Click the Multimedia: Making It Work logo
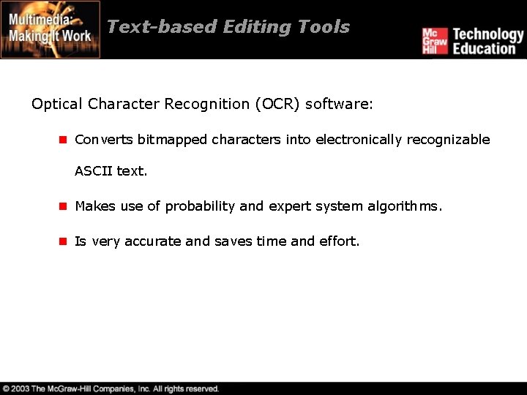click(x=51, y=29)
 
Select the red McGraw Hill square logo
click(x=434, y=41)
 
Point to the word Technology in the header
click(x=488, y=34)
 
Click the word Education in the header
click(x=484, y=49)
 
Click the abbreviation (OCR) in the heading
click(x=277, y=105)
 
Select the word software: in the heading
click(x=339, y=105)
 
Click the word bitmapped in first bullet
click(x=172, y=140)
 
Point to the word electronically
click(x=359, y=140)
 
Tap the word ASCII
click(x=94, y=171)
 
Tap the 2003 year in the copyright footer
click(x=20, y=389)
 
